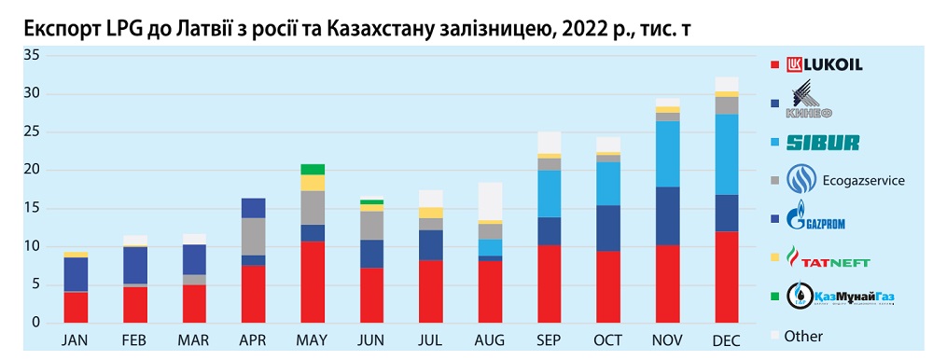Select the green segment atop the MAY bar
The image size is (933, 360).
[313, 169]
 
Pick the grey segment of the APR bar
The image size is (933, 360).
[254, 236]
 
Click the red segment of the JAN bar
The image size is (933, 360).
[77, 307]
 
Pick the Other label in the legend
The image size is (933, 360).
[803, 335]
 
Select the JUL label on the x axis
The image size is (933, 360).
[430, 342]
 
